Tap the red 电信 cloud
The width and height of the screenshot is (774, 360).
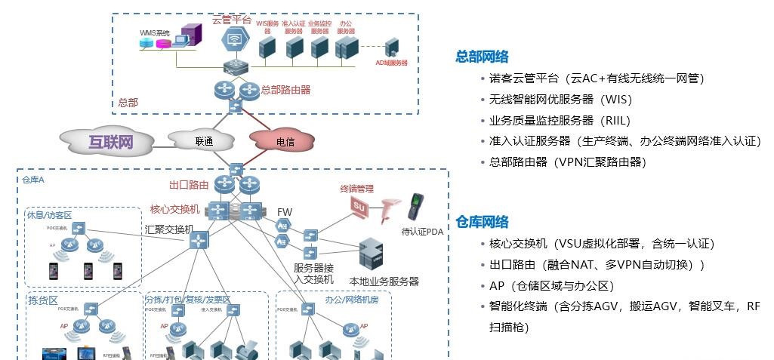point(285,141)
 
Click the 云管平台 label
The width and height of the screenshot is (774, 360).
point(232,20)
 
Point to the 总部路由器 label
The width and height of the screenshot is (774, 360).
point(285,89)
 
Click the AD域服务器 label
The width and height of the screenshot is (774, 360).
point(392,63)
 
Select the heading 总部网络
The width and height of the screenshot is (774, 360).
point(482,57)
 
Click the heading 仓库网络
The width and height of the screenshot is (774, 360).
point(482,222)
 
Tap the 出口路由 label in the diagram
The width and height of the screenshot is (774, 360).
point(189,184)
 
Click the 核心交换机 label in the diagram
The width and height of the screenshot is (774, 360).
point(175,209)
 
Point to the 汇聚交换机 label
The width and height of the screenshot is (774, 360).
point(169,229)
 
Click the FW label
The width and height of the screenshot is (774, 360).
point(285,212)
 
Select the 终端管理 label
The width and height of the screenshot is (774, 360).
point(357,189)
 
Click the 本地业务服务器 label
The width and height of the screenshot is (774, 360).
point(384,282)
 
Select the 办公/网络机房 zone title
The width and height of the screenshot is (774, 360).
point(352,300)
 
